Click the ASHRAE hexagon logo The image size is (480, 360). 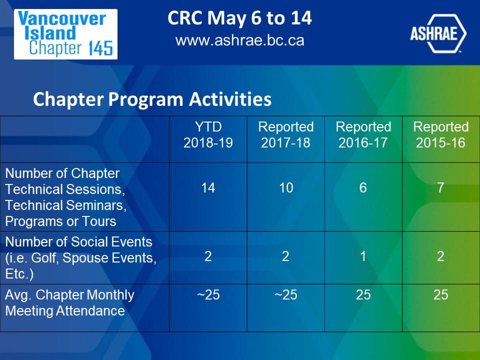pos(438,33)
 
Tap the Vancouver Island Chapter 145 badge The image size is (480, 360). pos(66,34)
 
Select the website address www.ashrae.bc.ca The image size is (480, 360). pos(239,40)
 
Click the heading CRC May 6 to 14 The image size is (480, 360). pos(239,18)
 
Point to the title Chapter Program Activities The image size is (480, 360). pos(152,99)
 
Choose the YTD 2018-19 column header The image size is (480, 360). pos(208,134)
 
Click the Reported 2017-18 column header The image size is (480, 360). pos(286,134)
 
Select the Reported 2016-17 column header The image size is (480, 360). pos(363,134)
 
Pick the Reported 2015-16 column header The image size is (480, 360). pos(441,134)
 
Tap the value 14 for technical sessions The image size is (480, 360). pos(208,187)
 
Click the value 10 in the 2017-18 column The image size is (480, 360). pos(286,187)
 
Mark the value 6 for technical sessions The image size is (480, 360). pos(363,187)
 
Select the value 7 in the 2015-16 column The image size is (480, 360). pos(440,187)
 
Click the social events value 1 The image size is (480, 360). pos(363,256)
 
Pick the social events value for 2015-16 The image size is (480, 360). pos(440,256)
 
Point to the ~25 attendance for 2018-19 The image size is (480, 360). pos(208,295)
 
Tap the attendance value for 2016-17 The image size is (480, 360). pos(363,295)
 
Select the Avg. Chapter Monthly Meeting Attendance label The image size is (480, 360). pos(70,303)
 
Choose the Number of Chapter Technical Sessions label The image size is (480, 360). pos(66,197)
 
